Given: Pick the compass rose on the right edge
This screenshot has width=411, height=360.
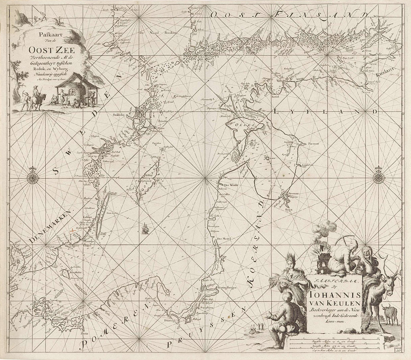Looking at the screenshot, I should [378, 177].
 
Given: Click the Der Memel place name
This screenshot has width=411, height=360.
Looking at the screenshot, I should [224, 239].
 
